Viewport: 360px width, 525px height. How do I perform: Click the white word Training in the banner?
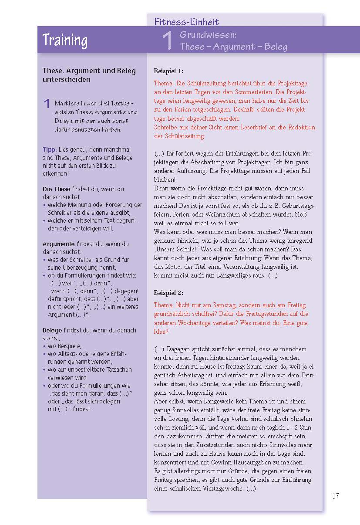click(x=65, y=40)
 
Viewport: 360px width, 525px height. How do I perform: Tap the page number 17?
click(x=335, y=496)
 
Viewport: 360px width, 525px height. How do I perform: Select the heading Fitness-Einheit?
click(x=187, y=22)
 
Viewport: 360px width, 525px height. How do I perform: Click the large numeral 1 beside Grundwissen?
click(x=168, y=41)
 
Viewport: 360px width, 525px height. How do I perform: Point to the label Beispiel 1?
click(x=168, y=71)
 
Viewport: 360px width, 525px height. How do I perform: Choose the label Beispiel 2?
click(x=168, y=293)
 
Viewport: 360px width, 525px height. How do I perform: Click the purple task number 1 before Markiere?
click(x=47, y=104)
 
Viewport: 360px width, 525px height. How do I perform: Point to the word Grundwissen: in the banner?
click(x=208, y=35)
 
